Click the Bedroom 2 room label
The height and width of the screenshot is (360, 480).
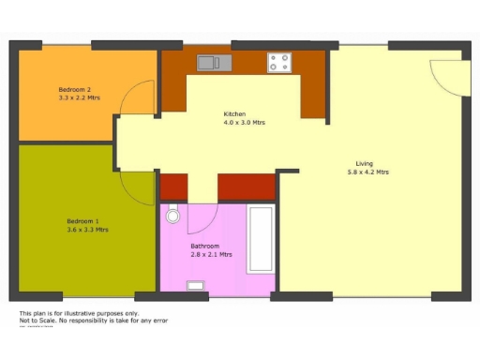(74, 89)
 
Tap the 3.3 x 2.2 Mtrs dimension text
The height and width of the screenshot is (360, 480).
(80, 97)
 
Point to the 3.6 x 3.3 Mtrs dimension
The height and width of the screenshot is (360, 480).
(87, 230)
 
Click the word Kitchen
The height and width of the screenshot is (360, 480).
(235, 114)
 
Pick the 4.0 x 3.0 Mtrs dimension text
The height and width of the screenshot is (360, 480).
(244, 123)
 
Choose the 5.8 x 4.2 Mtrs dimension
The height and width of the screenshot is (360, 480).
(367, 172)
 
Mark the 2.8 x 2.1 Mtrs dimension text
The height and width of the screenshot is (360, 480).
(212, 254)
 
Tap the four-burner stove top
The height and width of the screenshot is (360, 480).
(279, 63)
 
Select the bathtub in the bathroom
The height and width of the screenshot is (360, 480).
(260, 240)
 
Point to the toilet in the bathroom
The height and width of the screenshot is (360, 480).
(172, 216)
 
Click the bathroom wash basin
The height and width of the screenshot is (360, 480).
(196, 286)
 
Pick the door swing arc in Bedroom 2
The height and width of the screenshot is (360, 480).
(140, 96)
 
